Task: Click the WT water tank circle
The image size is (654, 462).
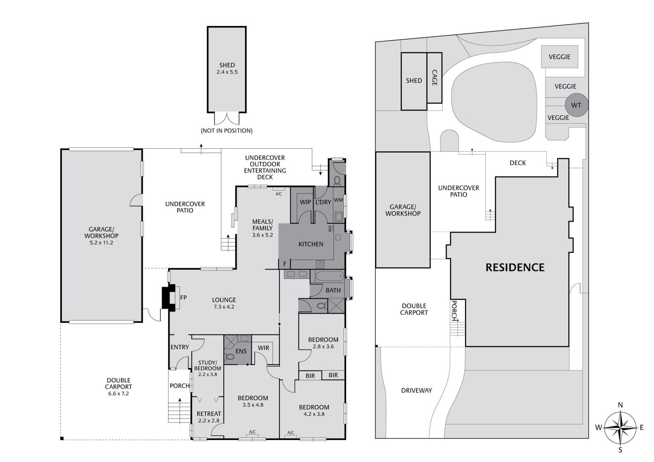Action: pos(576,105)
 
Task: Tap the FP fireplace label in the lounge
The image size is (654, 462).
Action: pos(183,298)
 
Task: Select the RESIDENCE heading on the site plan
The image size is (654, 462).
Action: pos(515,267)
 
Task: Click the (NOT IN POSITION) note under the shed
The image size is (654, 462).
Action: pos(227,131)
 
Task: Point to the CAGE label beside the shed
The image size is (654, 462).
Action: pos(434,77)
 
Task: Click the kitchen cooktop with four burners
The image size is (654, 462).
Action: pos(320,264)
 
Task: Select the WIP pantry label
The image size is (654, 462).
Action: pos(305,202)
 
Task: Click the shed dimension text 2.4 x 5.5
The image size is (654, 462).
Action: pos(227,72)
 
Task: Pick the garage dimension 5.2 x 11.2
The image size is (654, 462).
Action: pos(101,242)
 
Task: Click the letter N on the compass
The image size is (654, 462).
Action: pos(620,405)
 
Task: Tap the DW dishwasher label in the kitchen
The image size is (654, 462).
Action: pos(330,229)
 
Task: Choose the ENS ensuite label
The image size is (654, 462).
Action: pos(241,351)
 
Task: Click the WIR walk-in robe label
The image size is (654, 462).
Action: pos(263,348)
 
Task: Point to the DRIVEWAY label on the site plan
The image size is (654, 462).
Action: pos(417,390)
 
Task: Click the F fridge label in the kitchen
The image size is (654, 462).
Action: pos(285,264)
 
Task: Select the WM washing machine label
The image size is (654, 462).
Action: pos(338,200)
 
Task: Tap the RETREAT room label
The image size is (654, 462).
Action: pos(209,414)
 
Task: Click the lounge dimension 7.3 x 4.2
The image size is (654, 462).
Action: pos(224,307)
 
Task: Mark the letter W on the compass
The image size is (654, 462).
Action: pos(598,428)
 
